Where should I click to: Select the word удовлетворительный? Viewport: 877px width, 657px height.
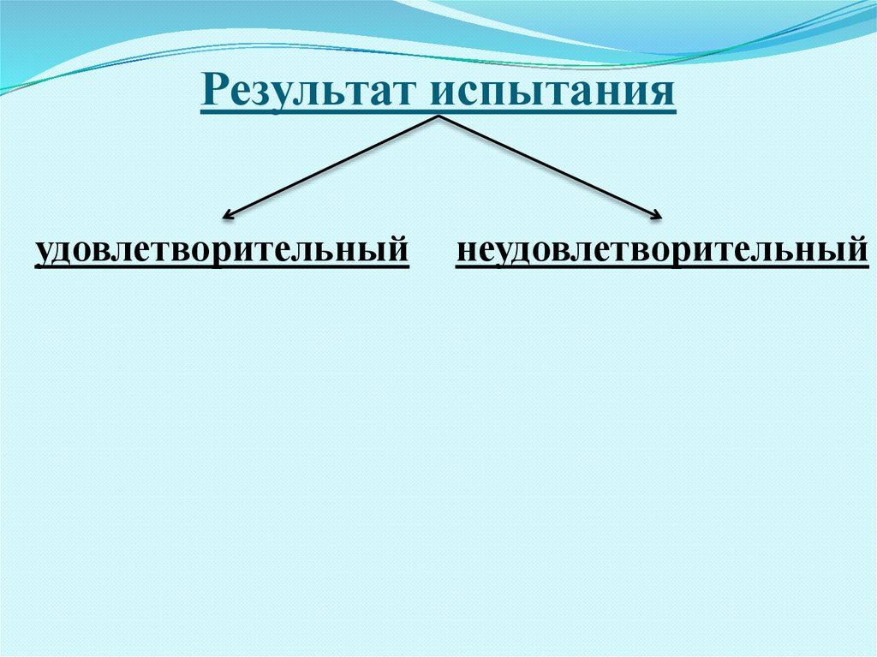[x=222, y=251]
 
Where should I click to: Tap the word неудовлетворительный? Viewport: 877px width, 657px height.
[x=662, y=251]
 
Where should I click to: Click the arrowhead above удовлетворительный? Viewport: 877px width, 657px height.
[x=227, y=215]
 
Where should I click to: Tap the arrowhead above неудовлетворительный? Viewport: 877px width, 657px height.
[x=659, y=215]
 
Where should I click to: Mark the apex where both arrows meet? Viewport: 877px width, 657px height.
[x=439, y=117]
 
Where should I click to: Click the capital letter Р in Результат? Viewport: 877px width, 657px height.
[x=214, y=90]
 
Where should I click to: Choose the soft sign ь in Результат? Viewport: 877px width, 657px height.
[x=335, y=93]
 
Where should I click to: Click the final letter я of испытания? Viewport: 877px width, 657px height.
[x=664, y=93]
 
